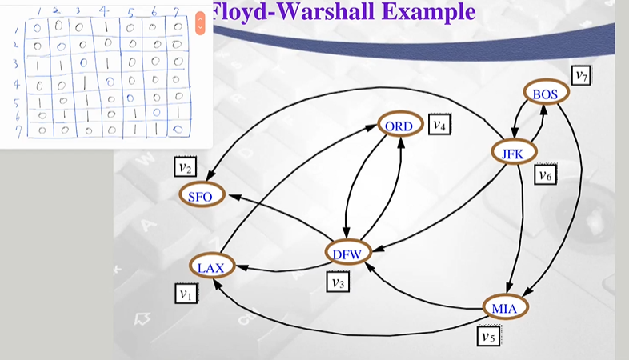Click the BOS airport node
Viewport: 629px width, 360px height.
pos(548,93)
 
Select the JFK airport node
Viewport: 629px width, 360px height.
pos(514,152)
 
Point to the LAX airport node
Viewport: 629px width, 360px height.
pos(211,266)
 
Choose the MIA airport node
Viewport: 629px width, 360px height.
pos(507,307)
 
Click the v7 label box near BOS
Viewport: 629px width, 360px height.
pos(582,76)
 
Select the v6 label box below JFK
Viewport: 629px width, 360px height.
pos(545,174)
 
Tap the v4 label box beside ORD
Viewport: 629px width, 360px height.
pos(439,125)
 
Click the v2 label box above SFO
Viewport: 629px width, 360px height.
pos(186,167)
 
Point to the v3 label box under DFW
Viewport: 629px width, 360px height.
pos(336,282)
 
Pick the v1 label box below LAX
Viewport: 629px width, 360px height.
pos(186,294)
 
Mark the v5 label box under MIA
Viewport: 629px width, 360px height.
pos(488,336)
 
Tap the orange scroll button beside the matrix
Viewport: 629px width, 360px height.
pos(200,22)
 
